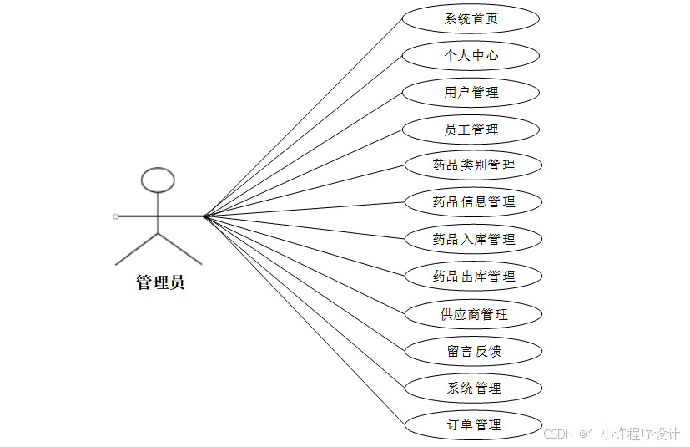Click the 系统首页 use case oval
(471, 19)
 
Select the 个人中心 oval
(471, 56)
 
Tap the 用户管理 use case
(471, 92)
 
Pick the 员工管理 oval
(471, 130)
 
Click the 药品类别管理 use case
(473, 165)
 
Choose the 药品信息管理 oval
(473, 201)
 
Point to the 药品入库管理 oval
(473, 239)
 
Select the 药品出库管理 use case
(473, 276)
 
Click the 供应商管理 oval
(473, 314)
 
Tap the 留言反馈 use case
(473, 351)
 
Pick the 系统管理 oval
(473, 388)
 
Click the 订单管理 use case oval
(473, 424)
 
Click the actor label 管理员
(160, 282)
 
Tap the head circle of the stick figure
(158, 180)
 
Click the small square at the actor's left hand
(116, 216)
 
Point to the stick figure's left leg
(136, 250)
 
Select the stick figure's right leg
(180, 250)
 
